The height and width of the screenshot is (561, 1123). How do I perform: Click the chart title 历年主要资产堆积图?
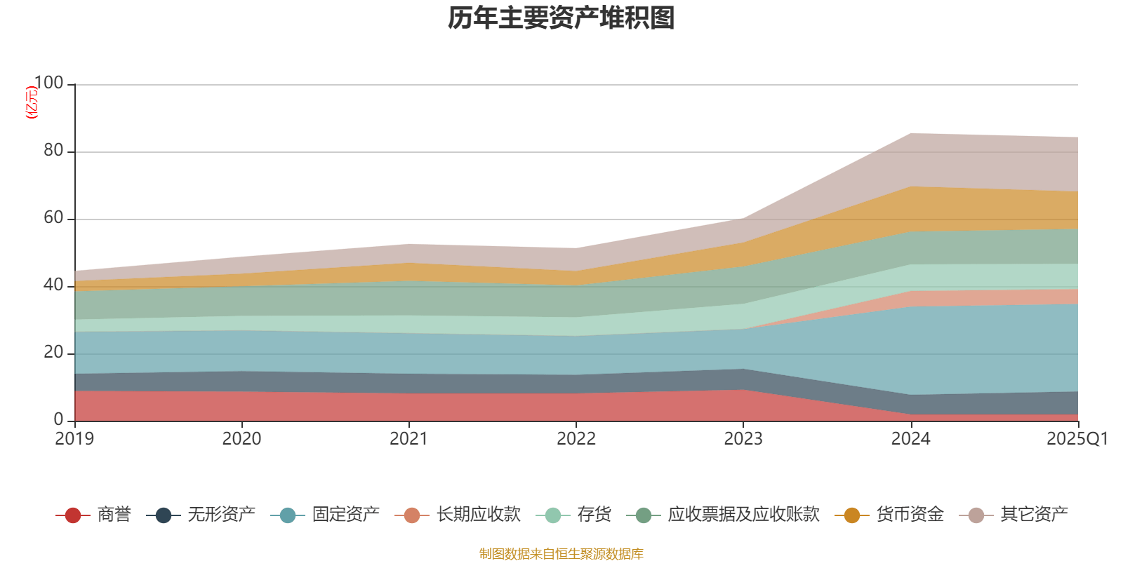(561, 18)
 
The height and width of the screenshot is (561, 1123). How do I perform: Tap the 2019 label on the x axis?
(74, 439)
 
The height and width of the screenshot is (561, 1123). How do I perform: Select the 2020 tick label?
(241, 439)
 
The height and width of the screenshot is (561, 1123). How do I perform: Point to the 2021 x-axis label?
(408, 439)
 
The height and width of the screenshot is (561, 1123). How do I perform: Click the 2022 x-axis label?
(576, 439)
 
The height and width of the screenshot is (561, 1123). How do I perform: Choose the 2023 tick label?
(743, 439)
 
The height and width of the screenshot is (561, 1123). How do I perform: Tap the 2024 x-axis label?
(910, 439)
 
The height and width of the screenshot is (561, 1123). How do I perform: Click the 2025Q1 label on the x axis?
(1077, 439)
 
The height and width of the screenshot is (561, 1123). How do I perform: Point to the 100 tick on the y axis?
(48, 83)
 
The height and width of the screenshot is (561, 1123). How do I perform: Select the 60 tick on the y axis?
(53, 218)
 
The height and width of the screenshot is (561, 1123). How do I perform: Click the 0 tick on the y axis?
(59, 419)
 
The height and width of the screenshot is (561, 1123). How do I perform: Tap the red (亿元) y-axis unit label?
(32, 102)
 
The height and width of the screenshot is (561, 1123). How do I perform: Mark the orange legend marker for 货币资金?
(852, 515)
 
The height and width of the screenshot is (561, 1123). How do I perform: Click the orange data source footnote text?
(561, 554)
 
